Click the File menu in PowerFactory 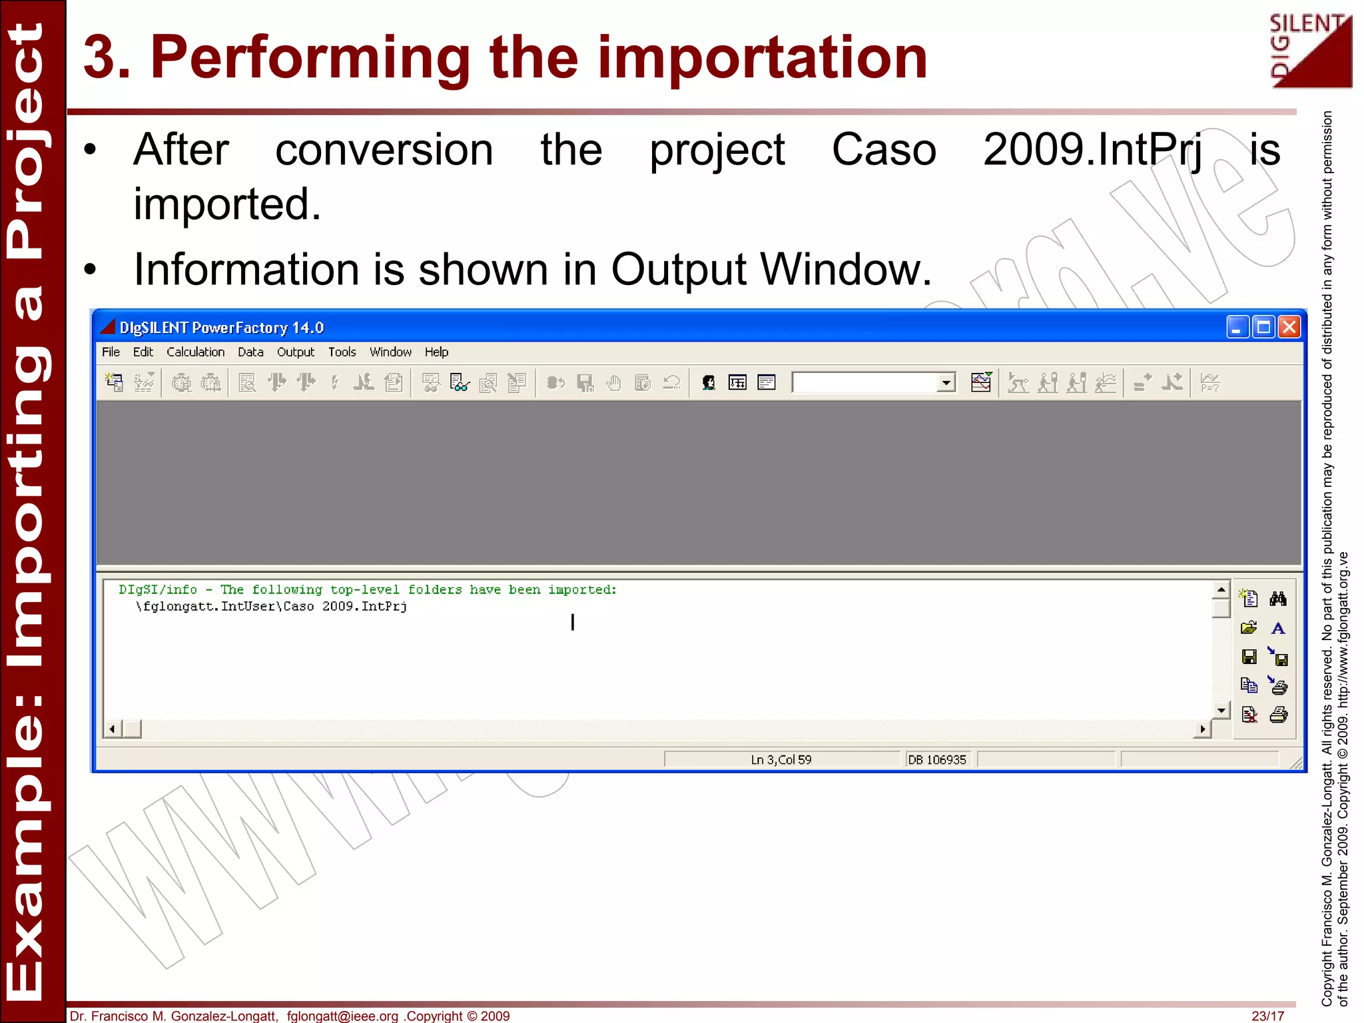point(111,352)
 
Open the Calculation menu point(195,352)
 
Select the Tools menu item point(342,352)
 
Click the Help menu point(436,352)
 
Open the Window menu point(390,352)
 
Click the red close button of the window point(1289,327)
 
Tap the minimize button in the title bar point(1237,327)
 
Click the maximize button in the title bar point(1263,327)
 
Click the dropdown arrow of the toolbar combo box point(946,383)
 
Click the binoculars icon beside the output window point(1277,599)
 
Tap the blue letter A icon point(1277,628)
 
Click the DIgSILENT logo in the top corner point(1309,51)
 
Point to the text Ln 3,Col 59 point(781,760)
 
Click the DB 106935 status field point(936,760)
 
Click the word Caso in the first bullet point(884,150)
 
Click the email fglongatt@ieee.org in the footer point(342,1016)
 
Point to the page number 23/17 point(1267,1016)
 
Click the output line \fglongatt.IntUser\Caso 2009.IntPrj point(272,607)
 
